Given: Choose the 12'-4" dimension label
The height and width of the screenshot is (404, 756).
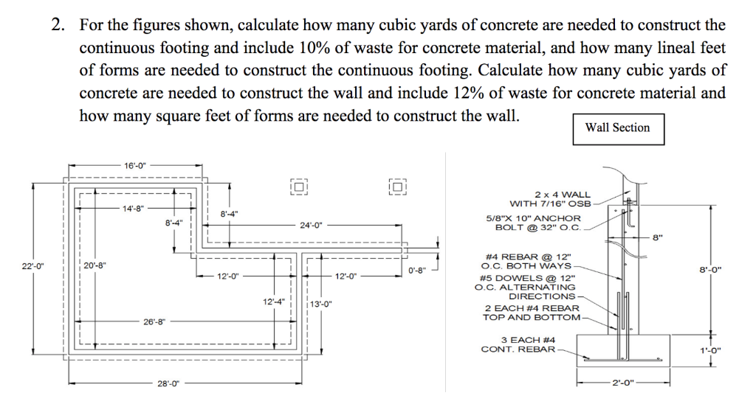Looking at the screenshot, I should [x=274, y=302].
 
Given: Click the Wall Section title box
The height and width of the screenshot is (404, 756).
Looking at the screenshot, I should [x=617, y=128].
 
